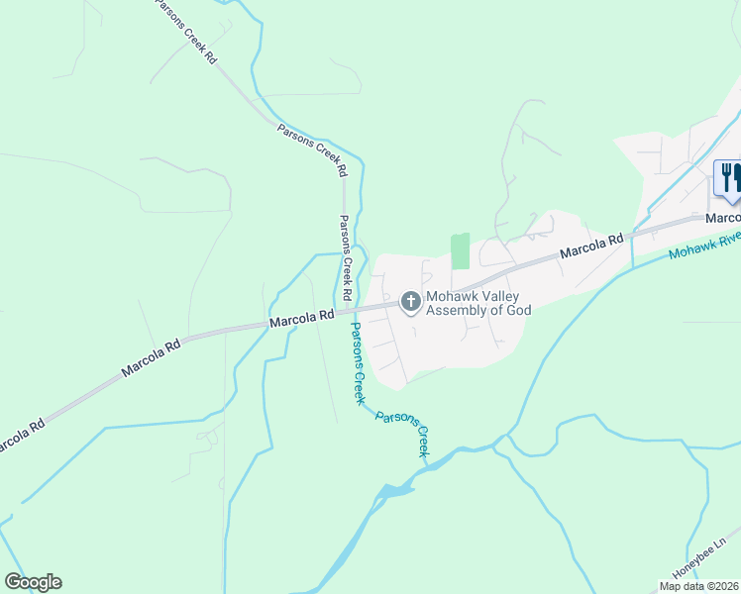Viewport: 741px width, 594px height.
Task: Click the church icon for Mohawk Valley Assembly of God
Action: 410,302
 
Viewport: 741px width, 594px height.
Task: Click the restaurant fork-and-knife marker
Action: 729,178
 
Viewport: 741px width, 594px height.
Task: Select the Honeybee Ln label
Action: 706,556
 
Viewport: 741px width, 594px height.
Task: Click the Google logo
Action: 33,582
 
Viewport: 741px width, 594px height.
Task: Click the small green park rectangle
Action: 460,251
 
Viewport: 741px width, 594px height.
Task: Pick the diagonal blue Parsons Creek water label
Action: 403,432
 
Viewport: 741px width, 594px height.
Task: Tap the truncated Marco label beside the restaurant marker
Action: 723,218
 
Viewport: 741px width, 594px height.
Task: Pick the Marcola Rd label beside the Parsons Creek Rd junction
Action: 301,320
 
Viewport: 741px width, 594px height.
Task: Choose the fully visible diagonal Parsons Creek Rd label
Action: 313,149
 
